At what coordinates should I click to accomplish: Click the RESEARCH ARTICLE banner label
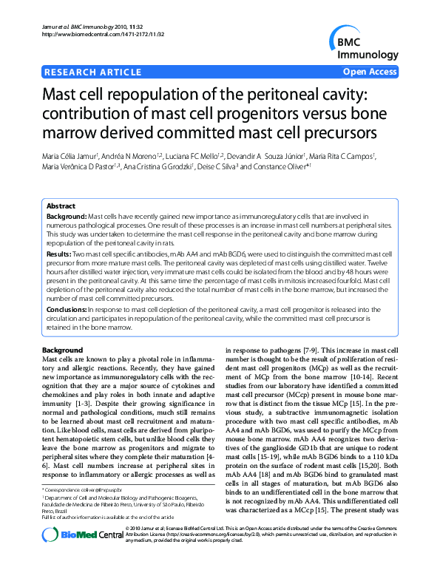click(x=93, y=72)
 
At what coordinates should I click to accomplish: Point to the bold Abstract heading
click(x=61, y=206)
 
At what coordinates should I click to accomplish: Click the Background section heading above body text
click(x=62, y=349)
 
